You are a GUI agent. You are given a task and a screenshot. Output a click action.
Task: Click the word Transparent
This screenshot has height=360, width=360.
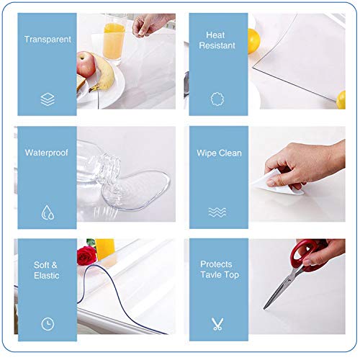pos(48,40)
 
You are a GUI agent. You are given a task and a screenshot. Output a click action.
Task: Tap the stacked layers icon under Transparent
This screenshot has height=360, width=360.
pos(48,100)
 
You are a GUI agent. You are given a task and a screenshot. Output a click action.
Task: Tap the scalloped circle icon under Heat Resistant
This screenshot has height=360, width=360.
pos(217,99)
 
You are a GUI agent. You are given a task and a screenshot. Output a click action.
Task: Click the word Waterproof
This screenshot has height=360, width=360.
pos(48,153)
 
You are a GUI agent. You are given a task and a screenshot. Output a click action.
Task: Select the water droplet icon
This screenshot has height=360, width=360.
pos(48,212)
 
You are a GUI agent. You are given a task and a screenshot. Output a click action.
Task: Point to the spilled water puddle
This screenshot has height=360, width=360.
pos(140,189)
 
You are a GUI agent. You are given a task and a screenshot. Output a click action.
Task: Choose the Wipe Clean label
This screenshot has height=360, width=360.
pos(220,153)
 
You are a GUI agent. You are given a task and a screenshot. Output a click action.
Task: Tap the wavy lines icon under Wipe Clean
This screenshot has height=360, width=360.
pos(217,212)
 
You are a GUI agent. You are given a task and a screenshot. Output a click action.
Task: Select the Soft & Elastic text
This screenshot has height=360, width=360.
pos(46,270)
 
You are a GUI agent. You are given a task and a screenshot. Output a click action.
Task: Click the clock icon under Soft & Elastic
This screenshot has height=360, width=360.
pos(48,324)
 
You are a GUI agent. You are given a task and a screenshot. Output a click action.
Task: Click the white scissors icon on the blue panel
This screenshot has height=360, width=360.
pos(217,324)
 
